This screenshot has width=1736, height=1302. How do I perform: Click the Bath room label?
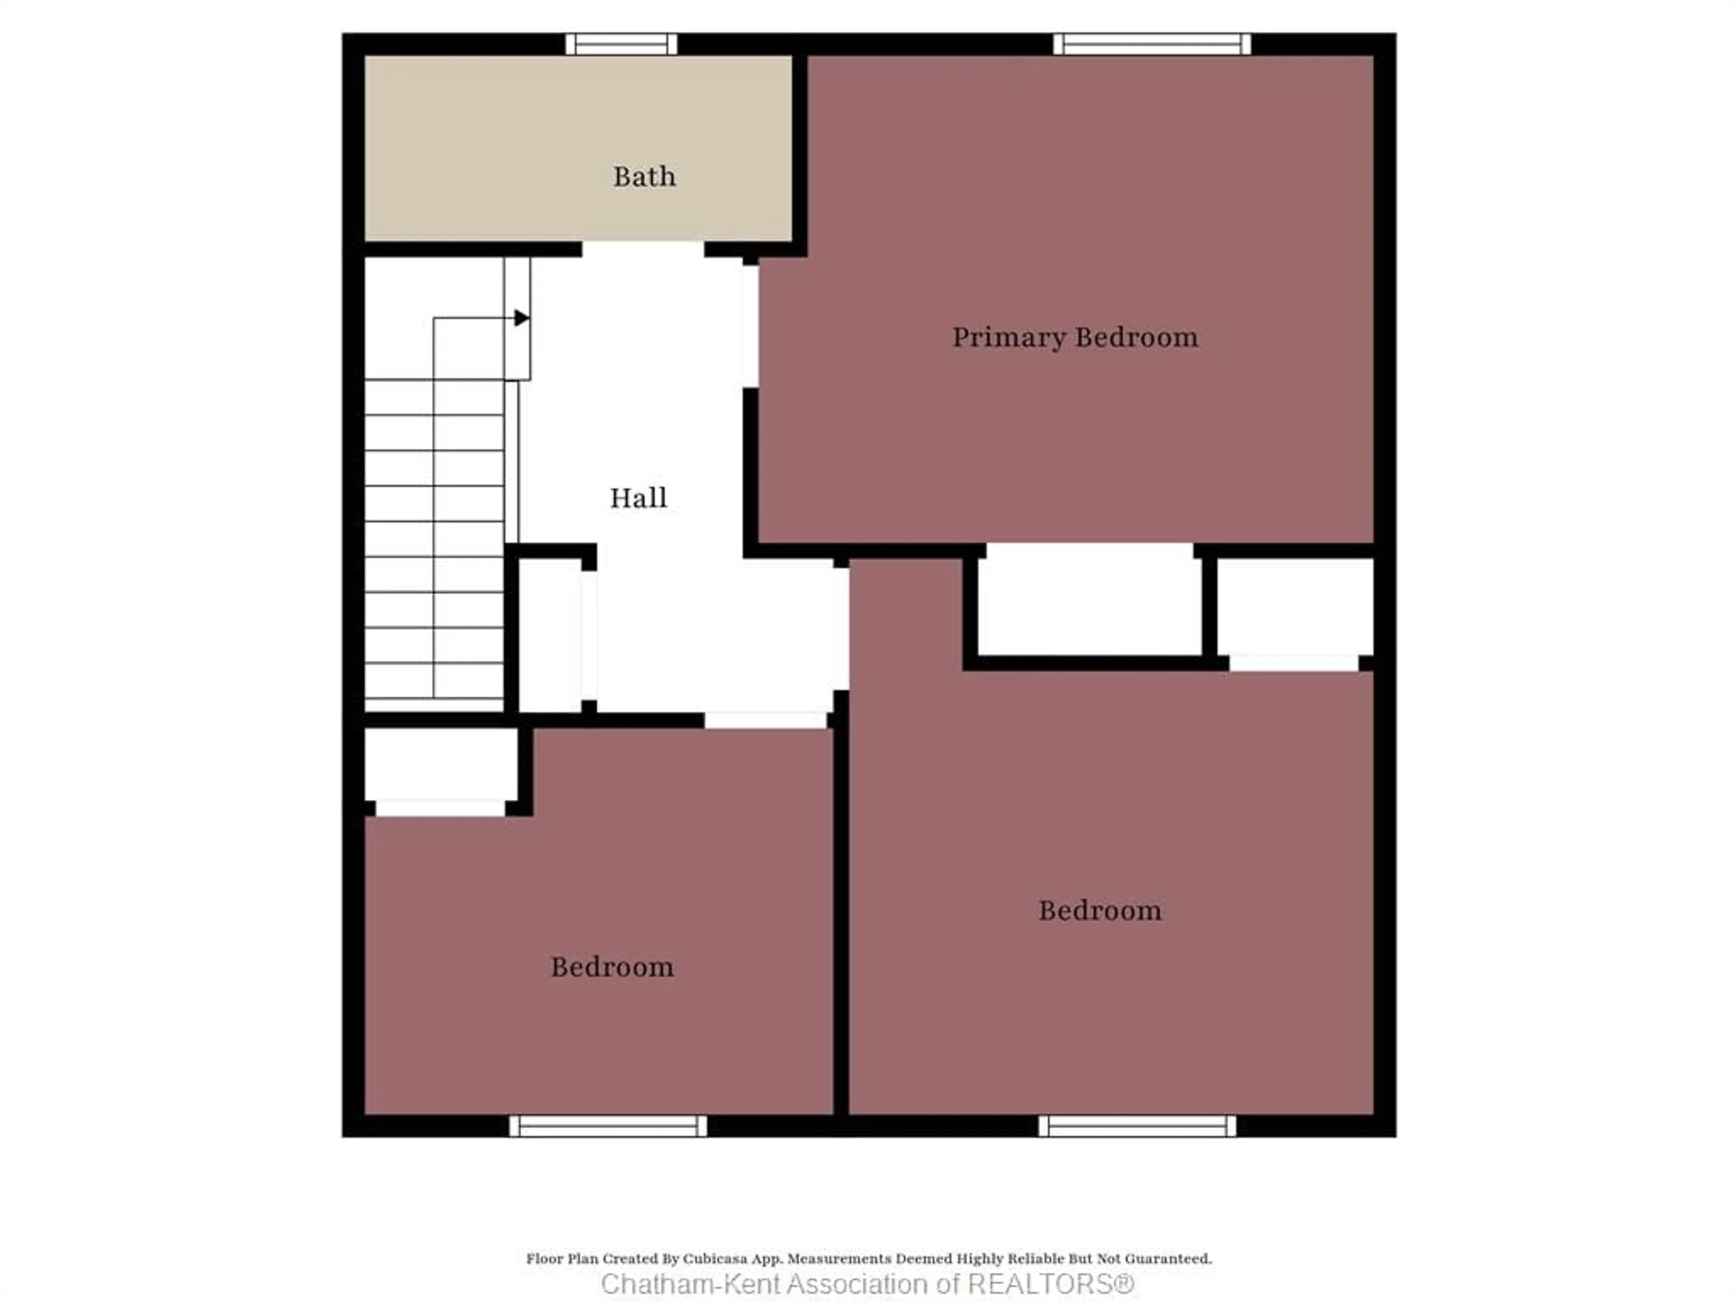tap(644, 177)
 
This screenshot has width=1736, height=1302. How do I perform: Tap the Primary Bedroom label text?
tap(1075, 337)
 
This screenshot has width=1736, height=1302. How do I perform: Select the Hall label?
tap(638, 498)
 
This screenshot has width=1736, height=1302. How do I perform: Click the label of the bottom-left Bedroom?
tap(611, 967)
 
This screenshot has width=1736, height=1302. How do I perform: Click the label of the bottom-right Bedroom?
tap(1099, 910)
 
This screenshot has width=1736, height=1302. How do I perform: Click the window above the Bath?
tap(621, 44)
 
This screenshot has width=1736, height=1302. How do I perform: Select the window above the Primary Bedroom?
tap(1151, 44)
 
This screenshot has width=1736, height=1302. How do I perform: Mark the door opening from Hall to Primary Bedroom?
tap(751, 325)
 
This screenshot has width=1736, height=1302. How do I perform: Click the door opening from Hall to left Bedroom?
tap(765, 720)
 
